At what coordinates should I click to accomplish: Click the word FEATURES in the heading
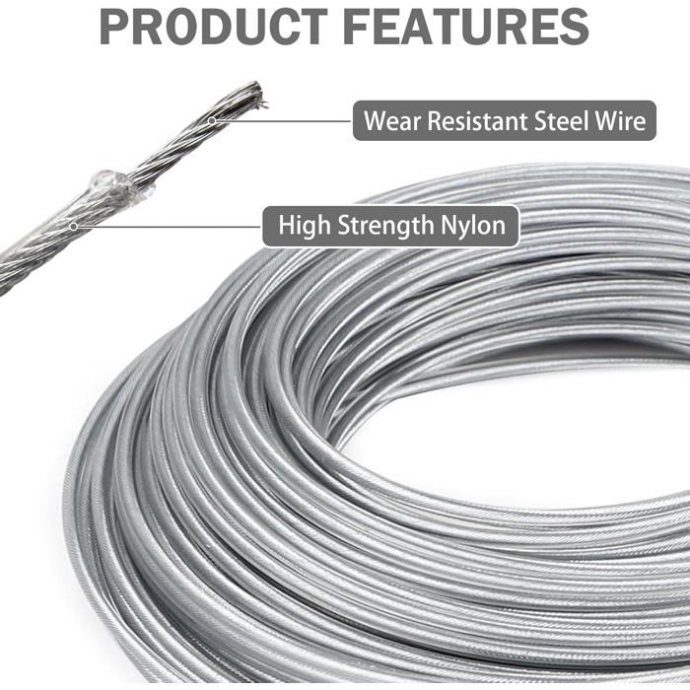coord(465,28)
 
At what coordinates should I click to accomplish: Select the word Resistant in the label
coord(477,121)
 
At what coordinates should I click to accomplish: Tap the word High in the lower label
coord(305,226)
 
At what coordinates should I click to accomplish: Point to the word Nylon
coord(473,226)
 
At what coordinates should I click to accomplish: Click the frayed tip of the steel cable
coord(258,94)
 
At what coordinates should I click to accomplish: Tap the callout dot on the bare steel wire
coord(212,120)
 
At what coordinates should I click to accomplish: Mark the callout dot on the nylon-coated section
coord(74,227)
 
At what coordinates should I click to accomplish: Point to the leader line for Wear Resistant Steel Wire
coord(283,120)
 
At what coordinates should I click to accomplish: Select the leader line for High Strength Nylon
coord(169,227)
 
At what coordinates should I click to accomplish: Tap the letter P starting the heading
coord(113,28)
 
